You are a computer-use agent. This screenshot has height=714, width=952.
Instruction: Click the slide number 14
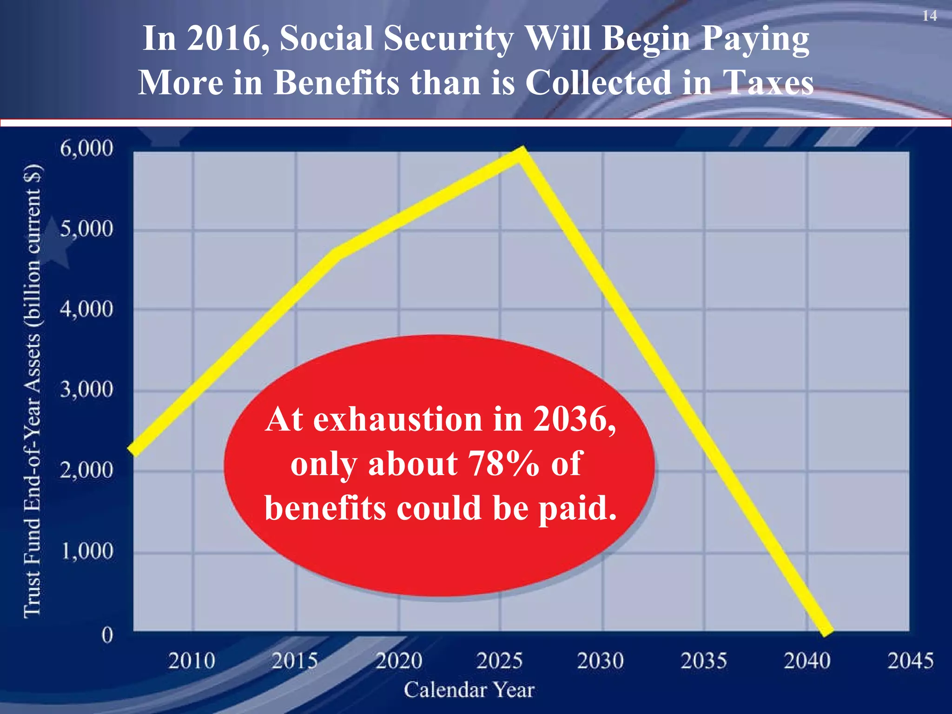click(x=930, y=16)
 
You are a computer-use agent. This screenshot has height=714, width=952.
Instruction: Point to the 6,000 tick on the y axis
click(x=86, y=149)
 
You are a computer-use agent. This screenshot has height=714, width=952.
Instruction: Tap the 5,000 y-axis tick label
click(x=86, y=229)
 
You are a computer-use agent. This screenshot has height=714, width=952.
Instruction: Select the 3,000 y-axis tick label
click(x=86, y=389)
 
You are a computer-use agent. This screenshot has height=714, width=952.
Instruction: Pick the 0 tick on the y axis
click(x=107, y=635)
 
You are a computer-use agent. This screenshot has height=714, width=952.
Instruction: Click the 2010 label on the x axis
click(x=192, y=661)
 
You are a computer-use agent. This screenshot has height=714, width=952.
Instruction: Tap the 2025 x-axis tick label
click(x=500, y=661)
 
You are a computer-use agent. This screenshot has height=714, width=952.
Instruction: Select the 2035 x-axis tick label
click(x=704, y=661)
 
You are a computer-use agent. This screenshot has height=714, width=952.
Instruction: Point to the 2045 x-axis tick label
click(x=910, y=661)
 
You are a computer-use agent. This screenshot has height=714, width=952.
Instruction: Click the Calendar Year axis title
click(x=469, y=690)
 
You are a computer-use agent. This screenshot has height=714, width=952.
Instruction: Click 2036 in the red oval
click(x=575, y=420)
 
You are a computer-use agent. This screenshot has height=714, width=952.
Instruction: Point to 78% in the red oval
click(x=503, y=463)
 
